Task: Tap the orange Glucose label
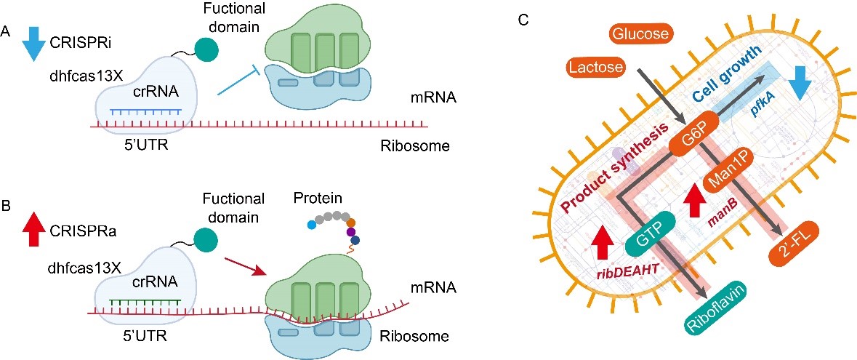tap(640, 33)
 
